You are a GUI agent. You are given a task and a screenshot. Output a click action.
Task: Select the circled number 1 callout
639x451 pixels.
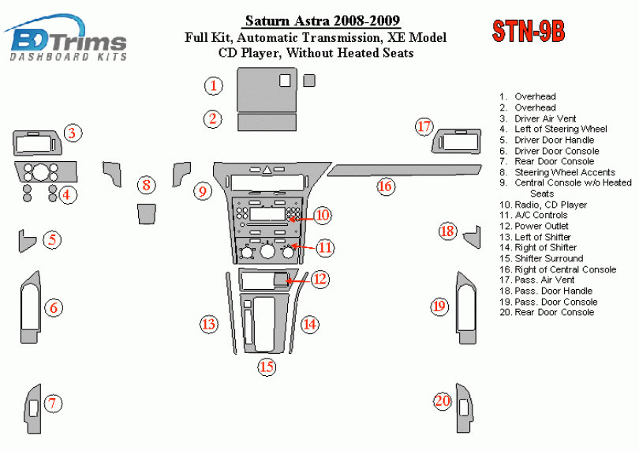pos(213,85)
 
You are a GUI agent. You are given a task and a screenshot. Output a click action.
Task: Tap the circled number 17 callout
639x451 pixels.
pos(425,126)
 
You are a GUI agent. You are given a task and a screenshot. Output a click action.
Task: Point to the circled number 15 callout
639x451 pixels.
pos(267,366)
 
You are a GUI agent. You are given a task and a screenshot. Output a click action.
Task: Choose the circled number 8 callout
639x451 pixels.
pos(147,186)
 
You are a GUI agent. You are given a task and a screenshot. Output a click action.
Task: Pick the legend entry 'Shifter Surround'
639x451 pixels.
pos(548,258)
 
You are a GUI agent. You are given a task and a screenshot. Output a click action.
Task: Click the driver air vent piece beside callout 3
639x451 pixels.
pos(36,143)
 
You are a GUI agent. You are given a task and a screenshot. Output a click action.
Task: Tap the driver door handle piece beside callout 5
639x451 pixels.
pos(26,240)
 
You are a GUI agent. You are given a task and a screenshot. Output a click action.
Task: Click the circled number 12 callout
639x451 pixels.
pos(319,279)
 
